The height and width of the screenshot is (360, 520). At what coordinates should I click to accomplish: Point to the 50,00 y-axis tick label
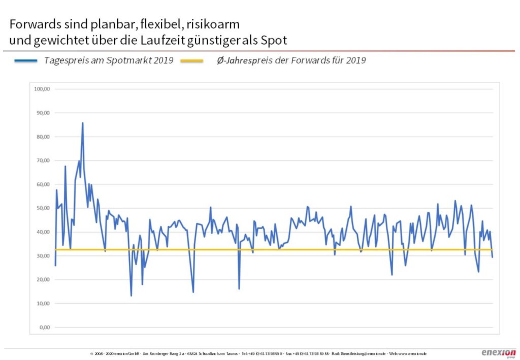[x=42, y=208]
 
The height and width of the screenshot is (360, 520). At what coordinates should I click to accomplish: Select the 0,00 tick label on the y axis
[x=44, y=328]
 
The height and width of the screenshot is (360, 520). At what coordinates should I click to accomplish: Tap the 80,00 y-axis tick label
[x=42, y=137]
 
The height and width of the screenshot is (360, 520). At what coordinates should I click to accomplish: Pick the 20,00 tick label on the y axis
[x=42, y=280]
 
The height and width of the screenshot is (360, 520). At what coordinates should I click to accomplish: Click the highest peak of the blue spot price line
[x=83, y=123]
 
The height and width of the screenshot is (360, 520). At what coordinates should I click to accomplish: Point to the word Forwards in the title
[x=32, y=24]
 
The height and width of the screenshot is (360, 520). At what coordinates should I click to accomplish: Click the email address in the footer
[x=359, y=353]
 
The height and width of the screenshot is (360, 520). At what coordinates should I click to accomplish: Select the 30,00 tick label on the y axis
[x=42, y=256]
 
